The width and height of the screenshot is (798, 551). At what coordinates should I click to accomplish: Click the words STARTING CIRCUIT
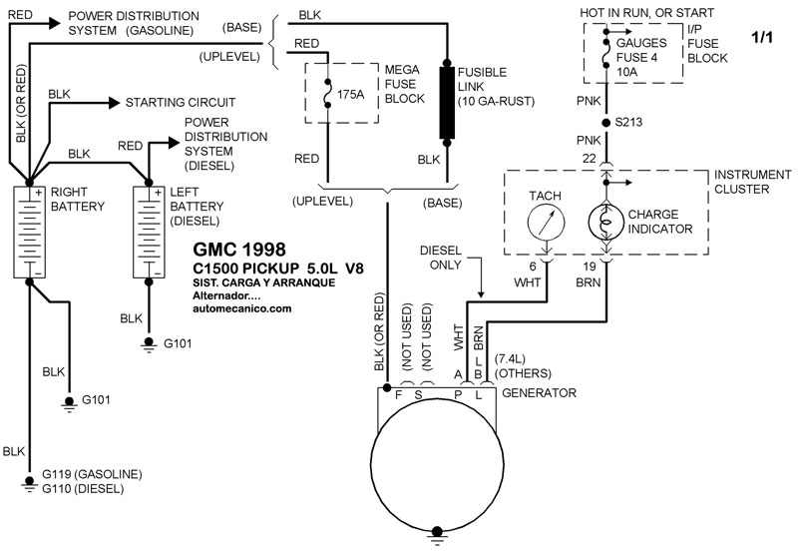180,102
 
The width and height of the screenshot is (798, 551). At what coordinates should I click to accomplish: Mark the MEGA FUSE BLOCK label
406,84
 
